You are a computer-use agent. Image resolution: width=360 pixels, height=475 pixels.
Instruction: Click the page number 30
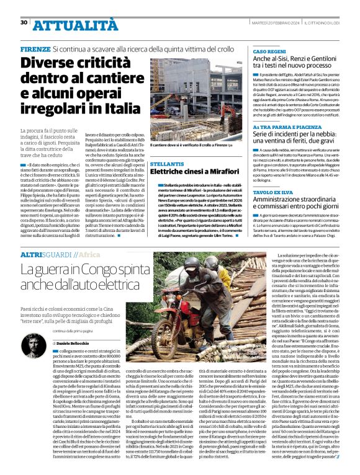click(x=24, y=22)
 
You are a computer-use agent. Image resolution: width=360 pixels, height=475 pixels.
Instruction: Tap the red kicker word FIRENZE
click(x=35, y=48)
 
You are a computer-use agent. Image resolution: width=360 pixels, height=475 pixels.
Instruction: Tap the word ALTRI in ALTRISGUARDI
click(x=31, y=255)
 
